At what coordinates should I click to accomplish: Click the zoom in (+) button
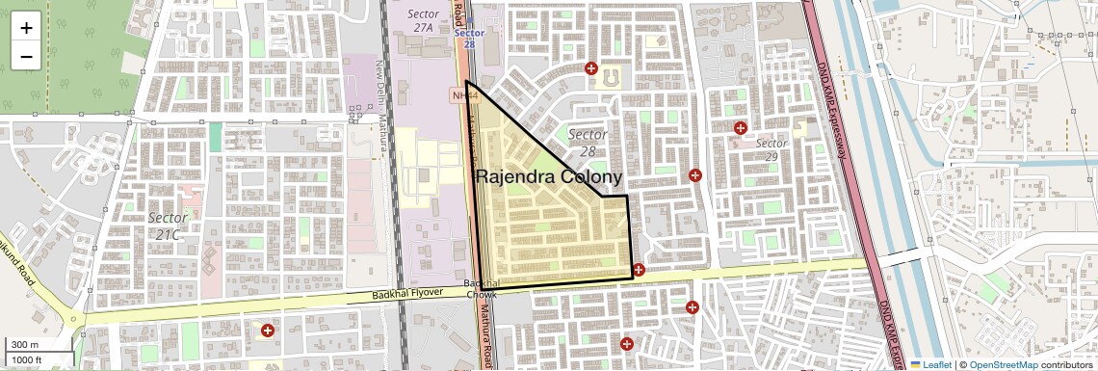coord(26,27)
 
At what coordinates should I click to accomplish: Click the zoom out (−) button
coord(26,56)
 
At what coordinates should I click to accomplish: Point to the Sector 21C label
coord(168,225)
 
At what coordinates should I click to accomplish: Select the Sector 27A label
coord(424,21)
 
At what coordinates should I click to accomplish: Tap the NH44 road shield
coord(462,95)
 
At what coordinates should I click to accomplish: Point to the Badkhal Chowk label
coord(481,289)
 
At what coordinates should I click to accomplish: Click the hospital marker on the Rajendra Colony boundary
coord(638,270)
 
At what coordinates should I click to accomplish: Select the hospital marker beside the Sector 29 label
coord(741,128)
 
